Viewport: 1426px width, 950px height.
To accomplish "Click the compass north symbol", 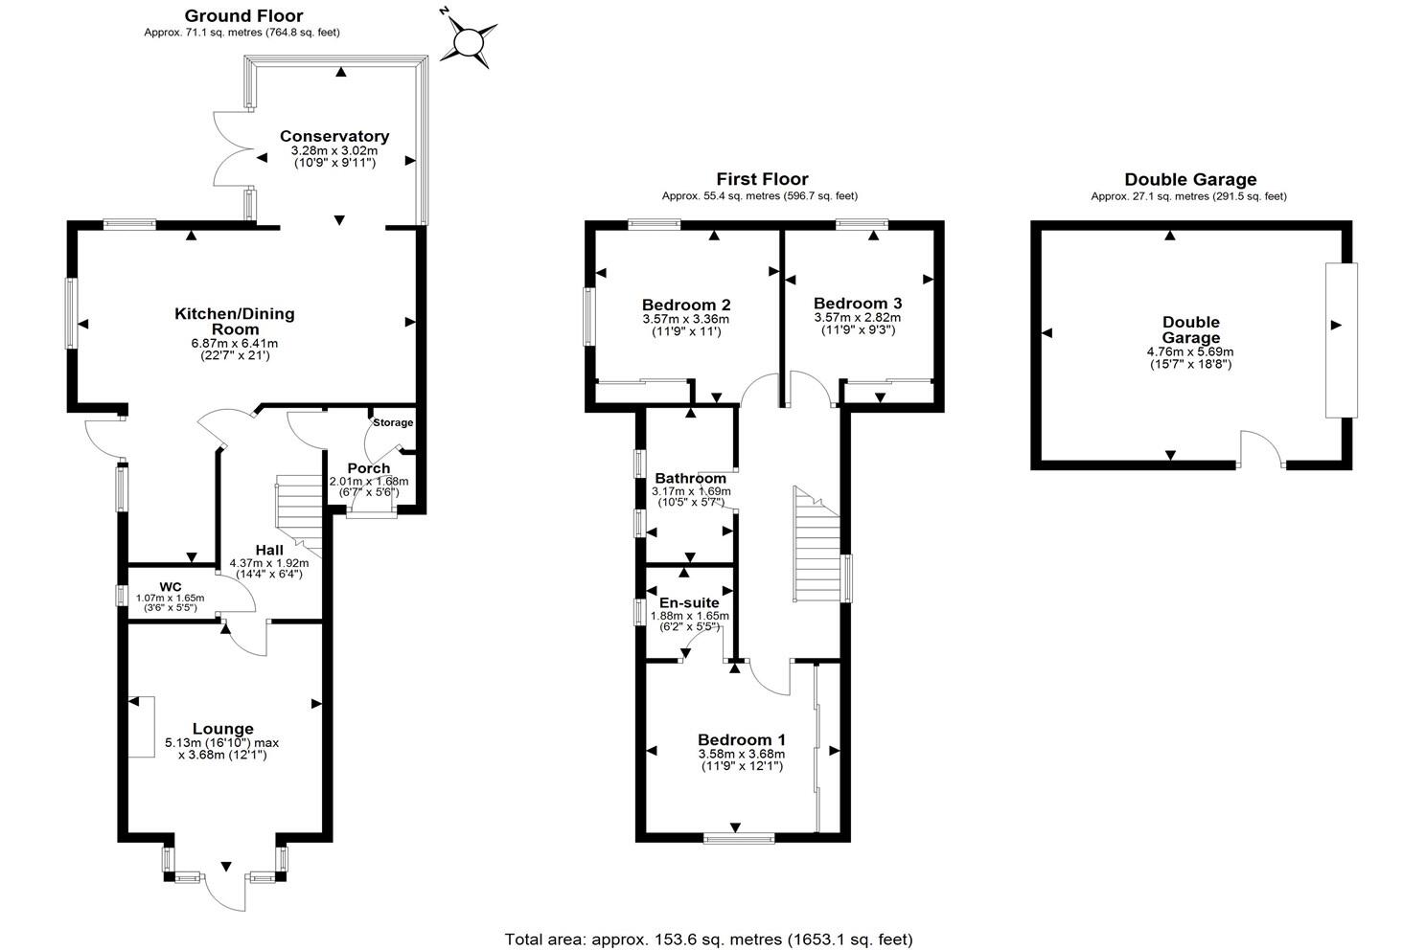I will coord(469,41).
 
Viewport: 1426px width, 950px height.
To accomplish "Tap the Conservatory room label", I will coord(334,136).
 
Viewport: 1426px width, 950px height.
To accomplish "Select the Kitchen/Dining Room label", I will coord(234,321).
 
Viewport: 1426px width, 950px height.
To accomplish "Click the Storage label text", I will coord(393,422).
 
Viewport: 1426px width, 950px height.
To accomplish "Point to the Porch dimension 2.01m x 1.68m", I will coord(369,481).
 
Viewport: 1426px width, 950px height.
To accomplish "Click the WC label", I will coord(171,586).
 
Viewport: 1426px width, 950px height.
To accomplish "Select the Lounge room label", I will coord(222,729).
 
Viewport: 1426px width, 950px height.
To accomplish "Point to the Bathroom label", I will coord(690,478).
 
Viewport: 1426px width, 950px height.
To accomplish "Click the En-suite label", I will coord(690,602).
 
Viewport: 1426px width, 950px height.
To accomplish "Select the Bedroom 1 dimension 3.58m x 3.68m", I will coord(742,754).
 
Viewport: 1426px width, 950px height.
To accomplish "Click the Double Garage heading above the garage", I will coord(1190,179).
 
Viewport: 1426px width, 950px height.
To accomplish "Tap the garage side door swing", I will coord(1260,450).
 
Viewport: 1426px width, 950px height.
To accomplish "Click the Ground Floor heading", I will coord(243,15).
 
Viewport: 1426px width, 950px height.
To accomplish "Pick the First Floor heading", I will coord(762,179).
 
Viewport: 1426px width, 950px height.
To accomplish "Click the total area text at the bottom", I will coord(709,939).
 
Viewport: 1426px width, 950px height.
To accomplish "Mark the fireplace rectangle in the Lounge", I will coord(142,727).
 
